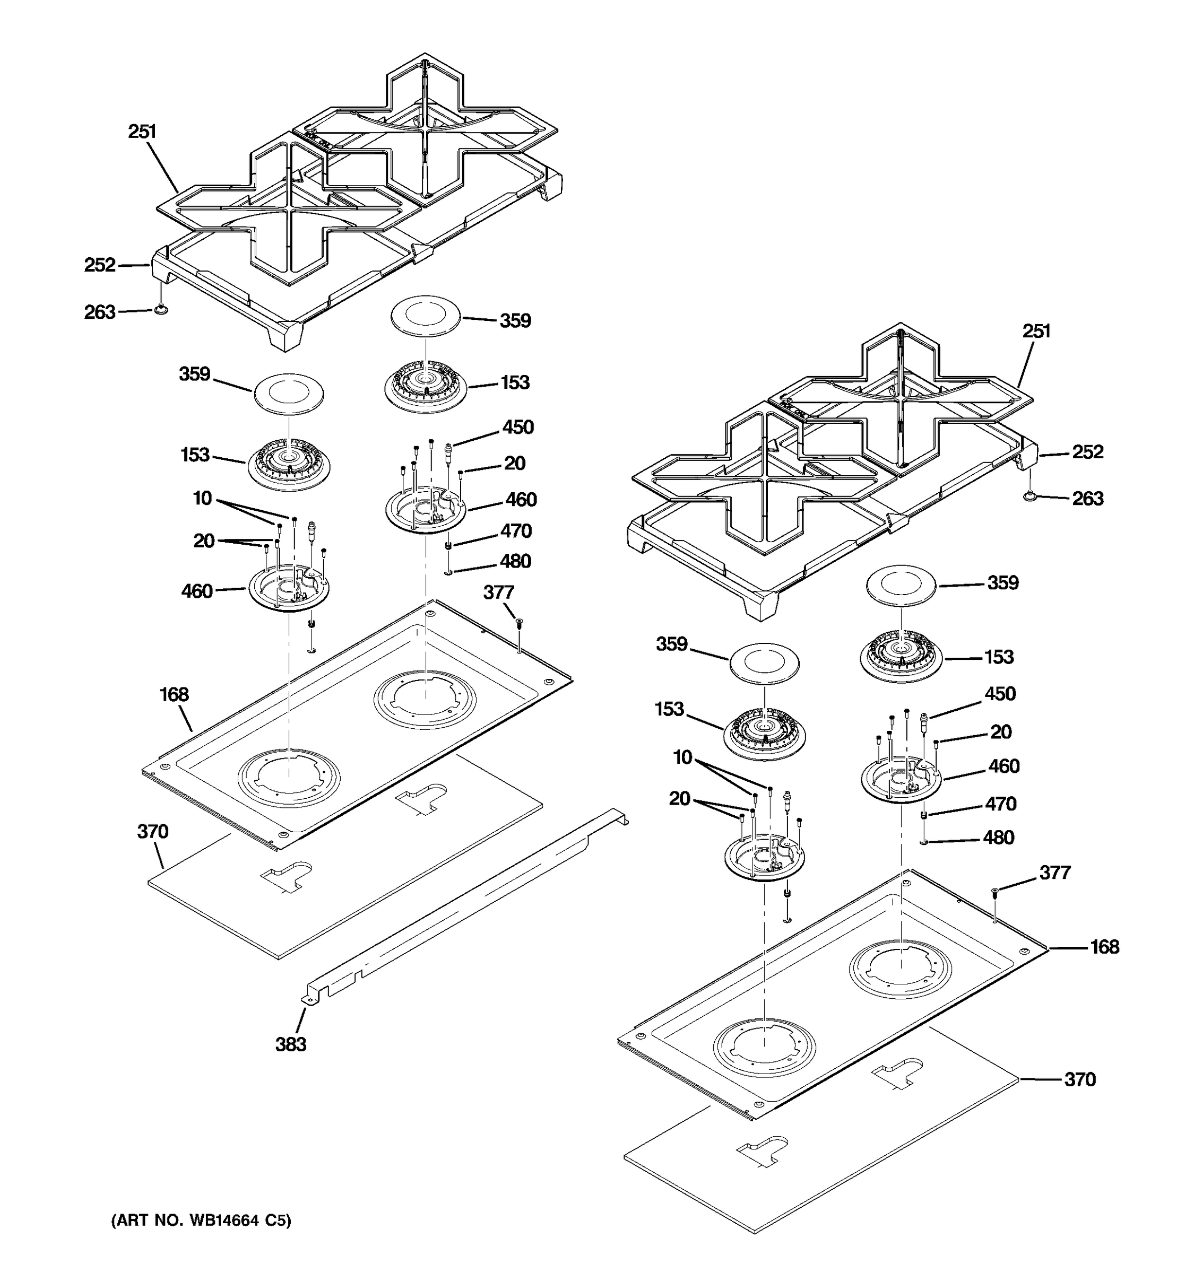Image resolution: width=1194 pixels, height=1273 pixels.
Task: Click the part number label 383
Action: click(x=291, y=1044)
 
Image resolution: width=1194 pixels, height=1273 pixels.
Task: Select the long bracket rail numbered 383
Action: click(x=461, y=910)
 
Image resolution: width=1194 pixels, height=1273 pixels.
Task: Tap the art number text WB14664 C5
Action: click(x=201, y=1221)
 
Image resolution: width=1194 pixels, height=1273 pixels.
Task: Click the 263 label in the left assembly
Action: click(x=99, y=312)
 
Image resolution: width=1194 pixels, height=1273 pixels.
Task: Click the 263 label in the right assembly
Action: click(x=1088, y=498)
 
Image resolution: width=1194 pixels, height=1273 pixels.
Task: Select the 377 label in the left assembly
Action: click(x=498, y=592)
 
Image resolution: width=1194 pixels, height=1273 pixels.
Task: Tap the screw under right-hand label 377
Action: click(x=994, y=892)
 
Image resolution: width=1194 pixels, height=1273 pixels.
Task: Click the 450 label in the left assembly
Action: click(x=517, y=427)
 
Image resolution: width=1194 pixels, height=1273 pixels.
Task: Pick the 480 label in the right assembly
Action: click(x=998, y=838)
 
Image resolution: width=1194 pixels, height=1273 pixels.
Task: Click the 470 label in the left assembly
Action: click(x=516, y=531)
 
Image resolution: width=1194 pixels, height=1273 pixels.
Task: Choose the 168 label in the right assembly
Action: click(x=1104, y=946)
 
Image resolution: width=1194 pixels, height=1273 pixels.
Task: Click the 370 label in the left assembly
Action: click(x=152, y=832)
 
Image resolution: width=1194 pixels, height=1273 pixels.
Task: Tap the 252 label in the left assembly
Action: click(x=100, y=265)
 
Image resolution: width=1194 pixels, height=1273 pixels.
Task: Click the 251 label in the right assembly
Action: click(x=1036, y=331)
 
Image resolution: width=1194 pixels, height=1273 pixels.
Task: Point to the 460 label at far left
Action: click(x=197, y=590)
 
